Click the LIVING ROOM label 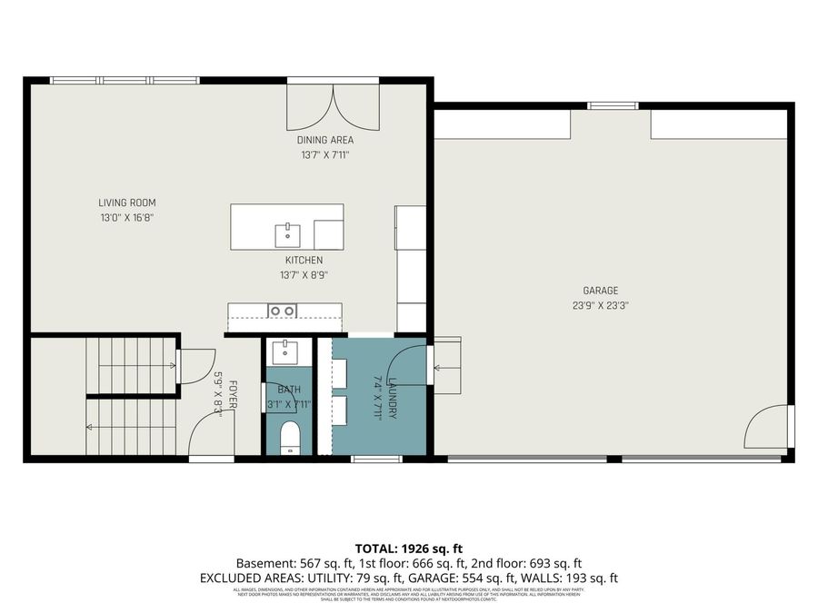point(121,203)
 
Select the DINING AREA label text point(324,140)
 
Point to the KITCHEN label point(303,260)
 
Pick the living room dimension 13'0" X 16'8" point(121,218)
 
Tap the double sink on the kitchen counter point(282,311)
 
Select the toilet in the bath point(290,437)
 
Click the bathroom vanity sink point(284,350)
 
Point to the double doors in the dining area point(333,107)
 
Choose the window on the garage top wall point(612,105)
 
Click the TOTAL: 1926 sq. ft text point(408,549)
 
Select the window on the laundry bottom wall point(376,459)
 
